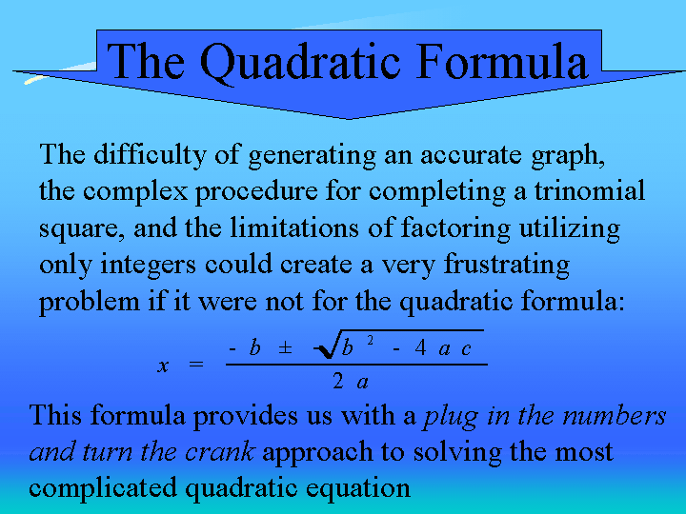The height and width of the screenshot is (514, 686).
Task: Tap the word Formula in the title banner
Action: coord(502,61)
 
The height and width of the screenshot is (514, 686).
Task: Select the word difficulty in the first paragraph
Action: coord(150,155)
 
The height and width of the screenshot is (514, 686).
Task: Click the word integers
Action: coord(148,266)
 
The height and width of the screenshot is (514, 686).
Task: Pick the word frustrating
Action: coord(507,265)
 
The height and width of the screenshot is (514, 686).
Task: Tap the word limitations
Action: coord(294,227)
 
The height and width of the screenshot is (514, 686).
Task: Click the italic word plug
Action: coord(450,416)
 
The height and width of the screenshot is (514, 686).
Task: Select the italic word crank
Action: coord(220,451)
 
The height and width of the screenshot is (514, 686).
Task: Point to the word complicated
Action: coord(103,489)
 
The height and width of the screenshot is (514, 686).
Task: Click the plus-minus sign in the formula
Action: coord(285,348)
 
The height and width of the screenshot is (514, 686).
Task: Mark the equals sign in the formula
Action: coord(196,364)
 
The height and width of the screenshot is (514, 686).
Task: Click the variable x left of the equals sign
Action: coord(163,366)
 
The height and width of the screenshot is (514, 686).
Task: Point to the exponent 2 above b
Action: coord(370,341)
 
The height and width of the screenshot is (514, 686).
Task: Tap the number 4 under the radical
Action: coord(420,348)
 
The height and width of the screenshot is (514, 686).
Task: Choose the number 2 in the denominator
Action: coord(337,382)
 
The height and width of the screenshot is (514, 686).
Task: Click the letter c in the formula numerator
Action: coord(466,349)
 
